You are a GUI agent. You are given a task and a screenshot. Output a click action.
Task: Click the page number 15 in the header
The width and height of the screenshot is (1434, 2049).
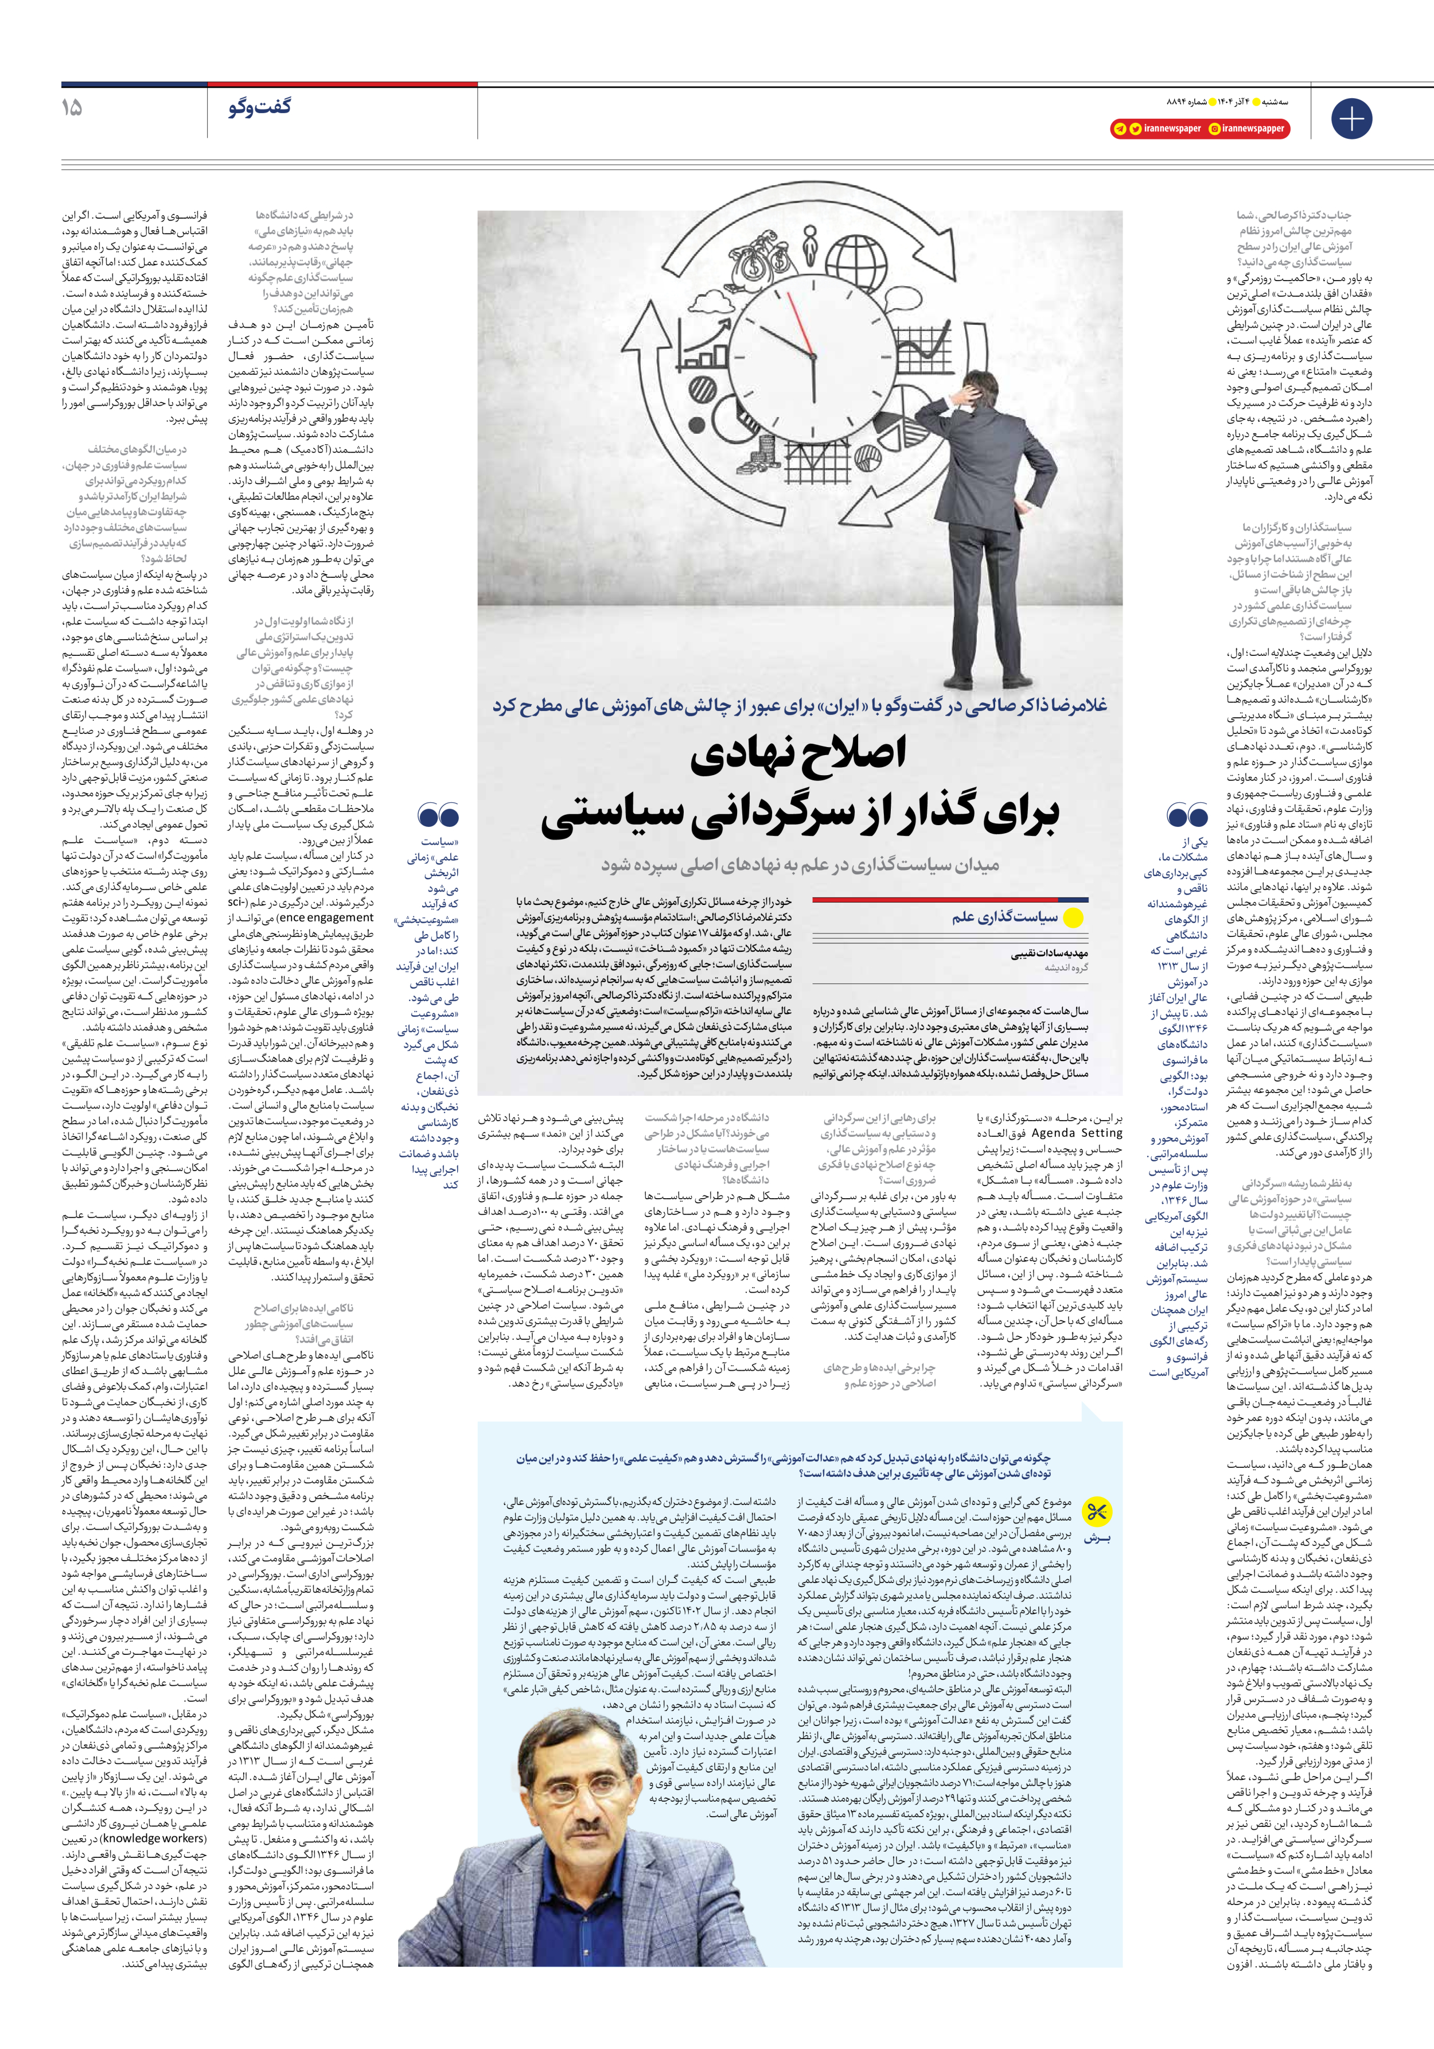71,108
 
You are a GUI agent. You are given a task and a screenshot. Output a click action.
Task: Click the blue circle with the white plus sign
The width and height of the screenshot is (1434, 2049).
1351,119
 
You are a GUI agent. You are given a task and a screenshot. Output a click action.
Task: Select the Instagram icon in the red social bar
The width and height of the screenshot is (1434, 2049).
1215,129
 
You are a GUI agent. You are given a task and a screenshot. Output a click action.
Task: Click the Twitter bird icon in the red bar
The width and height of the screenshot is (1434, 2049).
1135,129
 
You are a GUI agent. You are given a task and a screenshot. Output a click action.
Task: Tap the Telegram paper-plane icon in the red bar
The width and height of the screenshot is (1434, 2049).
1119,129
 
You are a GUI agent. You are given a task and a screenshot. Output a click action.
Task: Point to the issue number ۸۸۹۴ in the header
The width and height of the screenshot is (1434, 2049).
1180,102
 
